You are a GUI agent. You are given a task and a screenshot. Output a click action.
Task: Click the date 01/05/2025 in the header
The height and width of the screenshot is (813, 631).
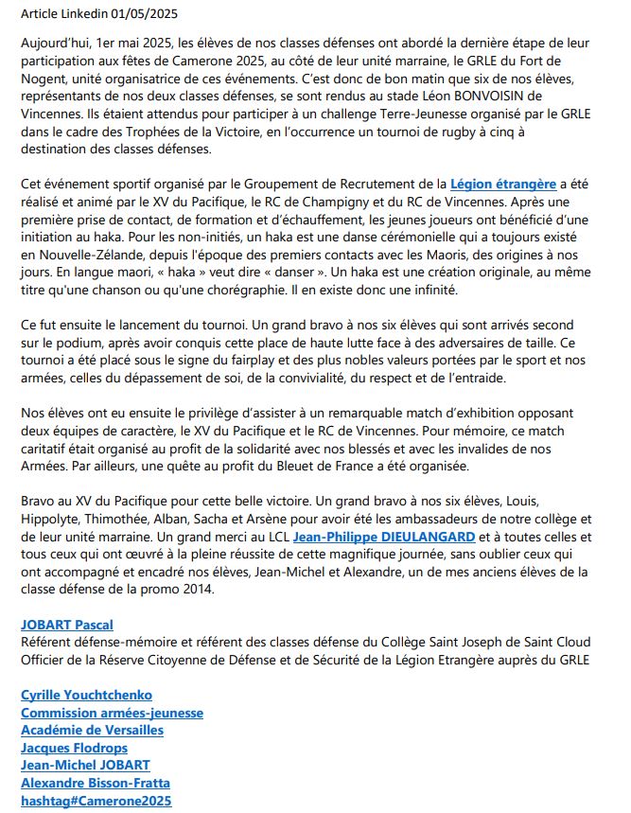pos(143,14)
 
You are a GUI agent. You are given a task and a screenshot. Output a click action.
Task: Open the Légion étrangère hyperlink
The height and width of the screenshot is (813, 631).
pos(502,184)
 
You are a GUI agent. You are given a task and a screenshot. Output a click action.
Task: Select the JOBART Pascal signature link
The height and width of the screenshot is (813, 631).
pos(67,625)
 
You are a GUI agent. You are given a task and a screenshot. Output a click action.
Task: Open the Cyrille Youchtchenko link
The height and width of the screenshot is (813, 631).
pos(87,695)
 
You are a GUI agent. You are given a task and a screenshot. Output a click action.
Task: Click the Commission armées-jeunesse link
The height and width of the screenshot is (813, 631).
pos(112,713)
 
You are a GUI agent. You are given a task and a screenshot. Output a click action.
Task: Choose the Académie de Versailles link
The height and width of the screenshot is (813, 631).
pos(92,730)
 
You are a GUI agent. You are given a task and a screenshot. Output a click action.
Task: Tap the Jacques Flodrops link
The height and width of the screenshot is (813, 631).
pos(74,748)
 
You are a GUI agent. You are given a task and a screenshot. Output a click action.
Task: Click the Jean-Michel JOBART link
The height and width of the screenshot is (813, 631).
pos(85,765)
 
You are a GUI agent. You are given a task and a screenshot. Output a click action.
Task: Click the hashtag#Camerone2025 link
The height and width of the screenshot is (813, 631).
pos(96,801)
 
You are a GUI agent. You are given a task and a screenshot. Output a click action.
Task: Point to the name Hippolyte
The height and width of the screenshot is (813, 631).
pos(53,519)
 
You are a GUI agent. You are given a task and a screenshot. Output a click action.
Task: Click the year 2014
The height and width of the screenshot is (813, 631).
pos(216,590)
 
